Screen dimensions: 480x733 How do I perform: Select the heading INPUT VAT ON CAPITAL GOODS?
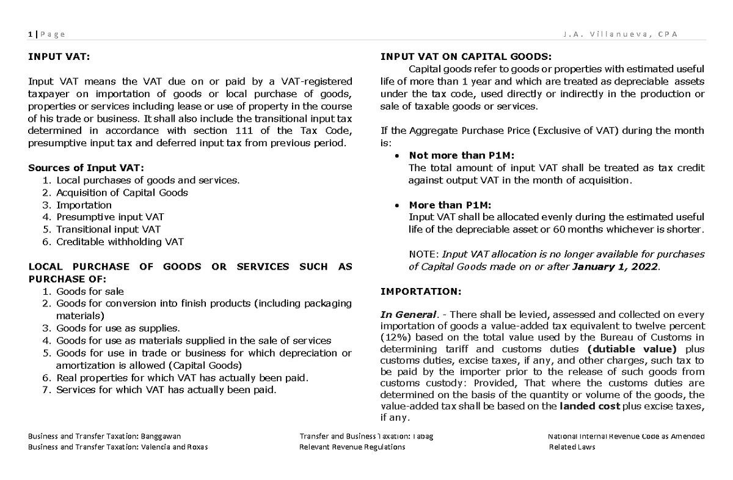point(465,57)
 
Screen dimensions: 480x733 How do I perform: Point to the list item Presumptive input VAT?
point(110,217)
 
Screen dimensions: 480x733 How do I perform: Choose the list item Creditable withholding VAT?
point(120,242)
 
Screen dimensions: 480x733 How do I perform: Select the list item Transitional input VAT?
point(108,229)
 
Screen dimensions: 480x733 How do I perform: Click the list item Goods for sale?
point(90,291)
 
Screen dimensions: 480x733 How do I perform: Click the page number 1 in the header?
point(29,34)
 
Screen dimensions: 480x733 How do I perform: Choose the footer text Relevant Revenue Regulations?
point(352,447)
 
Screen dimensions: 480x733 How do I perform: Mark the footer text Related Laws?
point(572,447)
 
